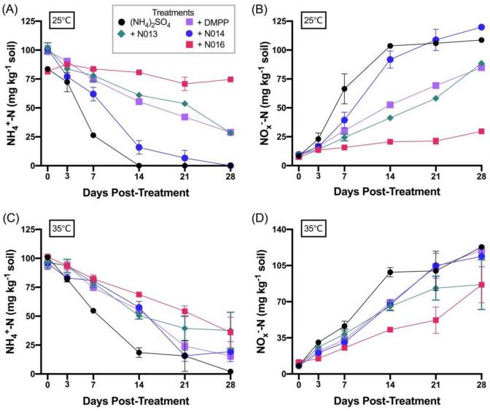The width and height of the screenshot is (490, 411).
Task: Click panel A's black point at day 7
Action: (x=93, y=135)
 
